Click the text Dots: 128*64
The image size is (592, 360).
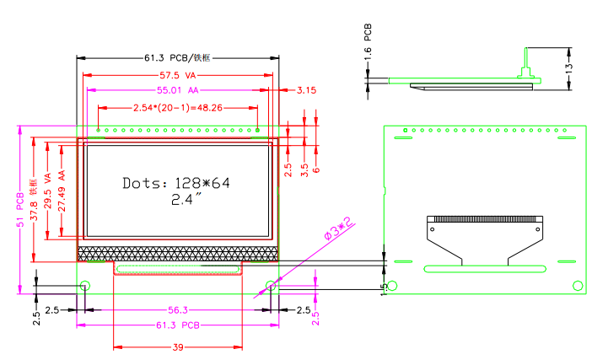click(x=176, y=183)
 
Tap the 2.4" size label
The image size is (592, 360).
click(x=186, y=200)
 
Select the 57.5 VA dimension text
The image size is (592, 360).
click(x=178, y=75)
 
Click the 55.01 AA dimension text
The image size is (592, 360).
click(x=177, y=89)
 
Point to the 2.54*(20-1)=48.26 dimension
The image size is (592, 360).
click(x=178, y=108)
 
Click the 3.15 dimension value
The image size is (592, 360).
click(x=306, y=90)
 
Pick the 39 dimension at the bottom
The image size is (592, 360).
click(x=178, y=347)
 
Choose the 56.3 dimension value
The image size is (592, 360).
click(x=177, y=309)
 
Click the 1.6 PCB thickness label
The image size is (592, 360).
click(x=368, y=39)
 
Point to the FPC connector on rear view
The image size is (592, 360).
click(x=483, y=223)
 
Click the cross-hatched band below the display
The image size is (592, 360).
click(x=178, y=252)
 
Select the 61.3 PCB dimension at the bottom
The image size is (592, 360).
click(x=177, y=325)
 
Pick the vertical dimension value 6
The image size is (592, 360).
click(x=316, y=168)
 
